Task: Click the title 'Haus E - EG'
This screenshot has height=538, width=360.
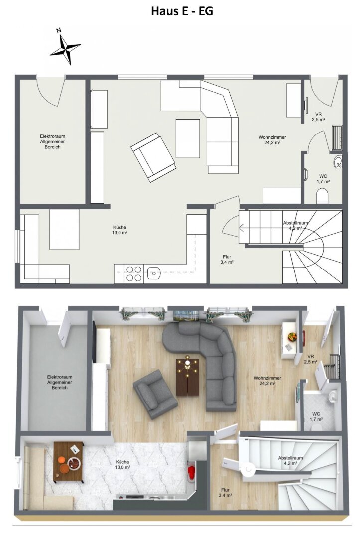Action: [x=182, y=11]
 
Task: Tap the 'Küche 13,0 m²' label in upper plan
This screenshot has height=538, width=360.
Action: [x=120, y=230]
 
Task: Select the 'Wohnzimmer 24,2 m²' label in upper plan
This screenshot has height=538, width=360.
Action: [x=272, y=140]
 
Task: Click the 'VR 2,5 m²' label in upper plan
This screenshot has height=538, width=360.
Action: [x=318, y=117]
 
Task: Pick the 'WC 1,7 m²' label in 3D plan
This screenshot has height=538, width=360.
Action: [x=316, y=416]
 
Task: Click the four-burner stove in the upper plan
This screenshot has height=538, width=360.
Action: [x=133, y=273]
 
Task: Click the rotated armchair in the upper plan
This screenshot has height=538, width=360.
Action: [x=153, y=156]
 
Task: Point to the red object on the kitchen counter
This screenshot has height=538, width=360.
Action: [x=190, y=472]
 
